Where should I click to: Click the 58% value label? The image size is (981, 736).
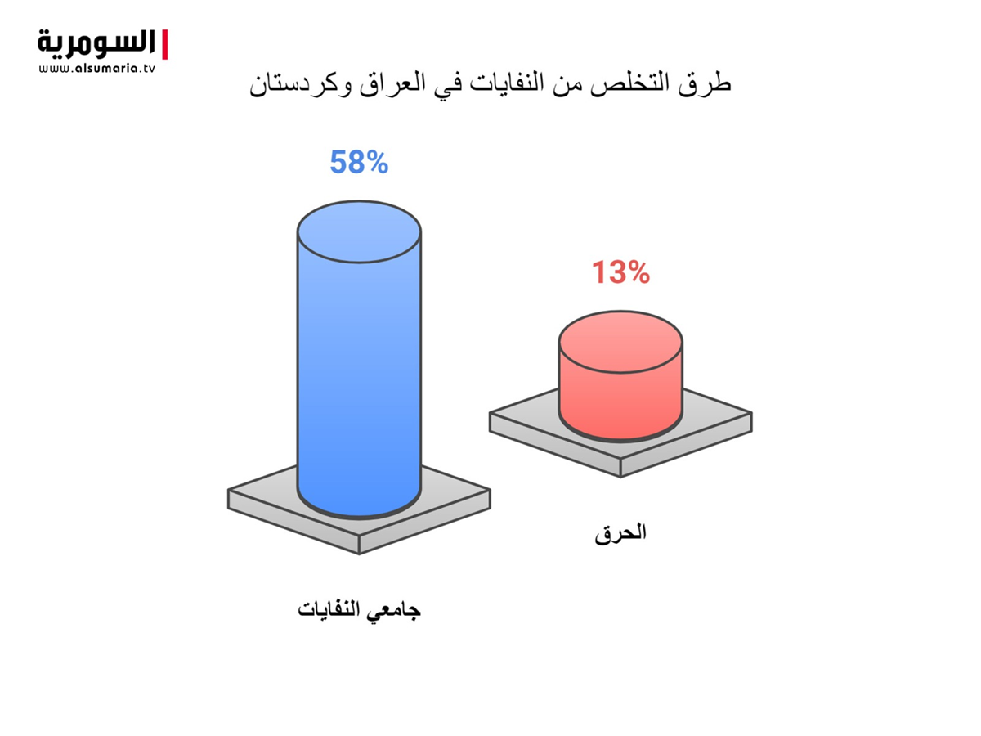(359, 162)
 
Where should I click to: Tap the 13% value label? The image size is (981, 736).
(620, 272)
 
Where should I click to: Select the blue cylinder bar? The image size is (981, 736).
(359, 360)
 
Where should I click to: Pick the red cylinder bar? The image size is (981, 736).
(620, 376)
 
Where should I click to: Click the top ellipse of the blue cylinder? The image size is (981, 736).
(359, 231)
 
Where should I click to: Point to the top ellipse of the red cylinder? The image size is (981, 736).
(620, 342)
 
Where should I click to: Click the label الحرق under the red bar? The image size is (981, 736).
(620, 532)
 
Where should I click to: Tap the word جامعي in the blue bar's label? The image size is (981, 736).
(393, 610)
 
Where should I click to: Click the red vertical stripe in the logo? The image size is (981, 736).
(164, 44)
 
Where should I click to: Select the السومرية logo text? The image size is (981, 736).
(96, 44)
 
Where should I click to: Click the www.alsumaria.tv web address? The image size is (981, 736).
(96, 69)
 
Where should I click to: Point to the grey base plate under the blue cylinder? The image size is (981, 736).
(359, 509)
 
